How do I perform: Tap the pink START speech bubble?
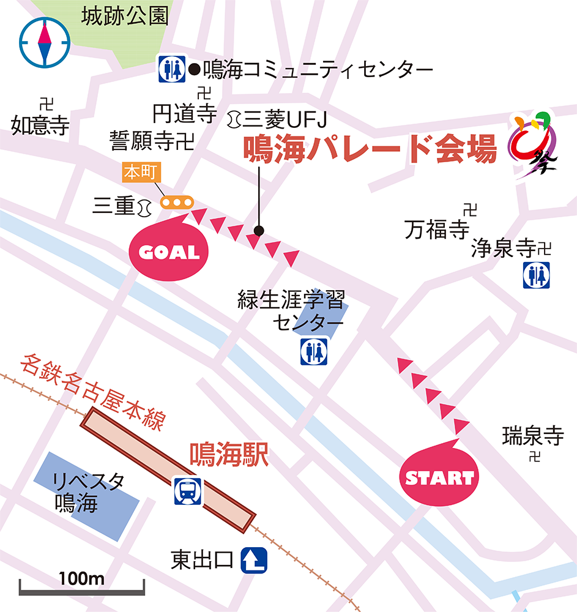pyautogui.click(x=439, y=477)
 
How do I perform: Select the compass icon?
pyautogui.click(x=44, y=43)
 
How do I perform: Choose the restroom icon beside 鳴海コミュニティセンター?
pyautogui.click(x=171, y=69)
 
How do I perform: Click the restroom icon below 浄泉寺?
pyautogui.click(x=536, y=275)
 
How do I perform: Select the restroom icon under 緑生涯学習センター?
pyautogui.click(x=313, y=352)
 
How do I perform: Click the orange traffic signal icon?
pyautogui.click(x=176, y=202)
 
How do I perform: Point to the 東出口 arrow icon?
pyautogui.click(x=255, y=560)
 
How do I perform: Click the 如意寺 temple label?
pyautogui.click(x=40, y=125)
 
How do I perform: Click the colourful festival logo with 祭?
pyautogui.click(x=533, y=145)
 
